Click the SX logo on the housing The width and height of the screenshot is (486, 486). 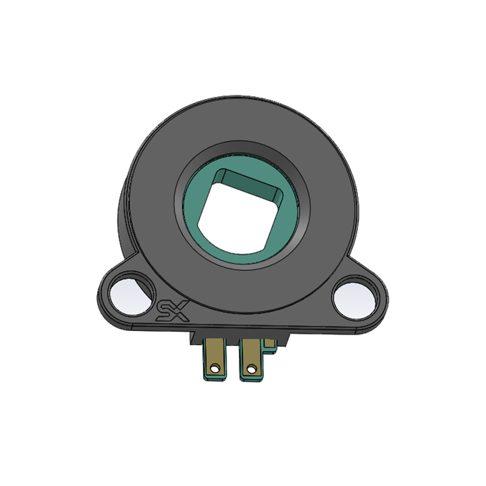173,311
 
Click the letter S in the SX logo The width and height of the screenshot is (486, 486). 163,311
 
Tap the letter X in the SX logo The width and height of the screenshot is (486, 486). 180,311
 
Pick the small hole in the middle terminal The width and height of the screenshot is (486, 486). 252,369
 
